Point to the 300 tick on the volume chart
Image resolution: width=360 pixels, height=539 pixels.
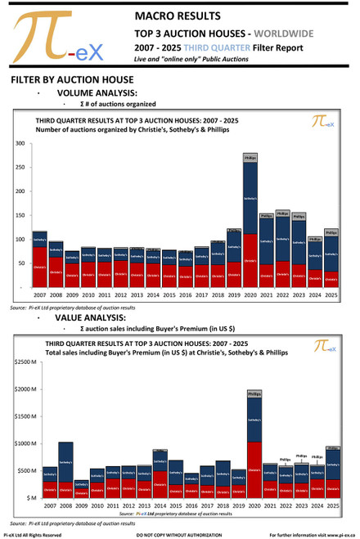[x=20, y=144]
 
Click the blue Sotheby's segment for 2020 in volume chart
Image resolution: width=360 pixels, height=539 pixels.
[x=250, y=197]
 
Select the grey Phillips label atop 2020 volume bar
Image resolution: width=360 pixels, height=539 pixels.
[x=250, y=156]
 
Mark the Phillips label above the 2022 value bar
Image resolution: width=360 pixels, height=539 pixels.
[x=286, y=460]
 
